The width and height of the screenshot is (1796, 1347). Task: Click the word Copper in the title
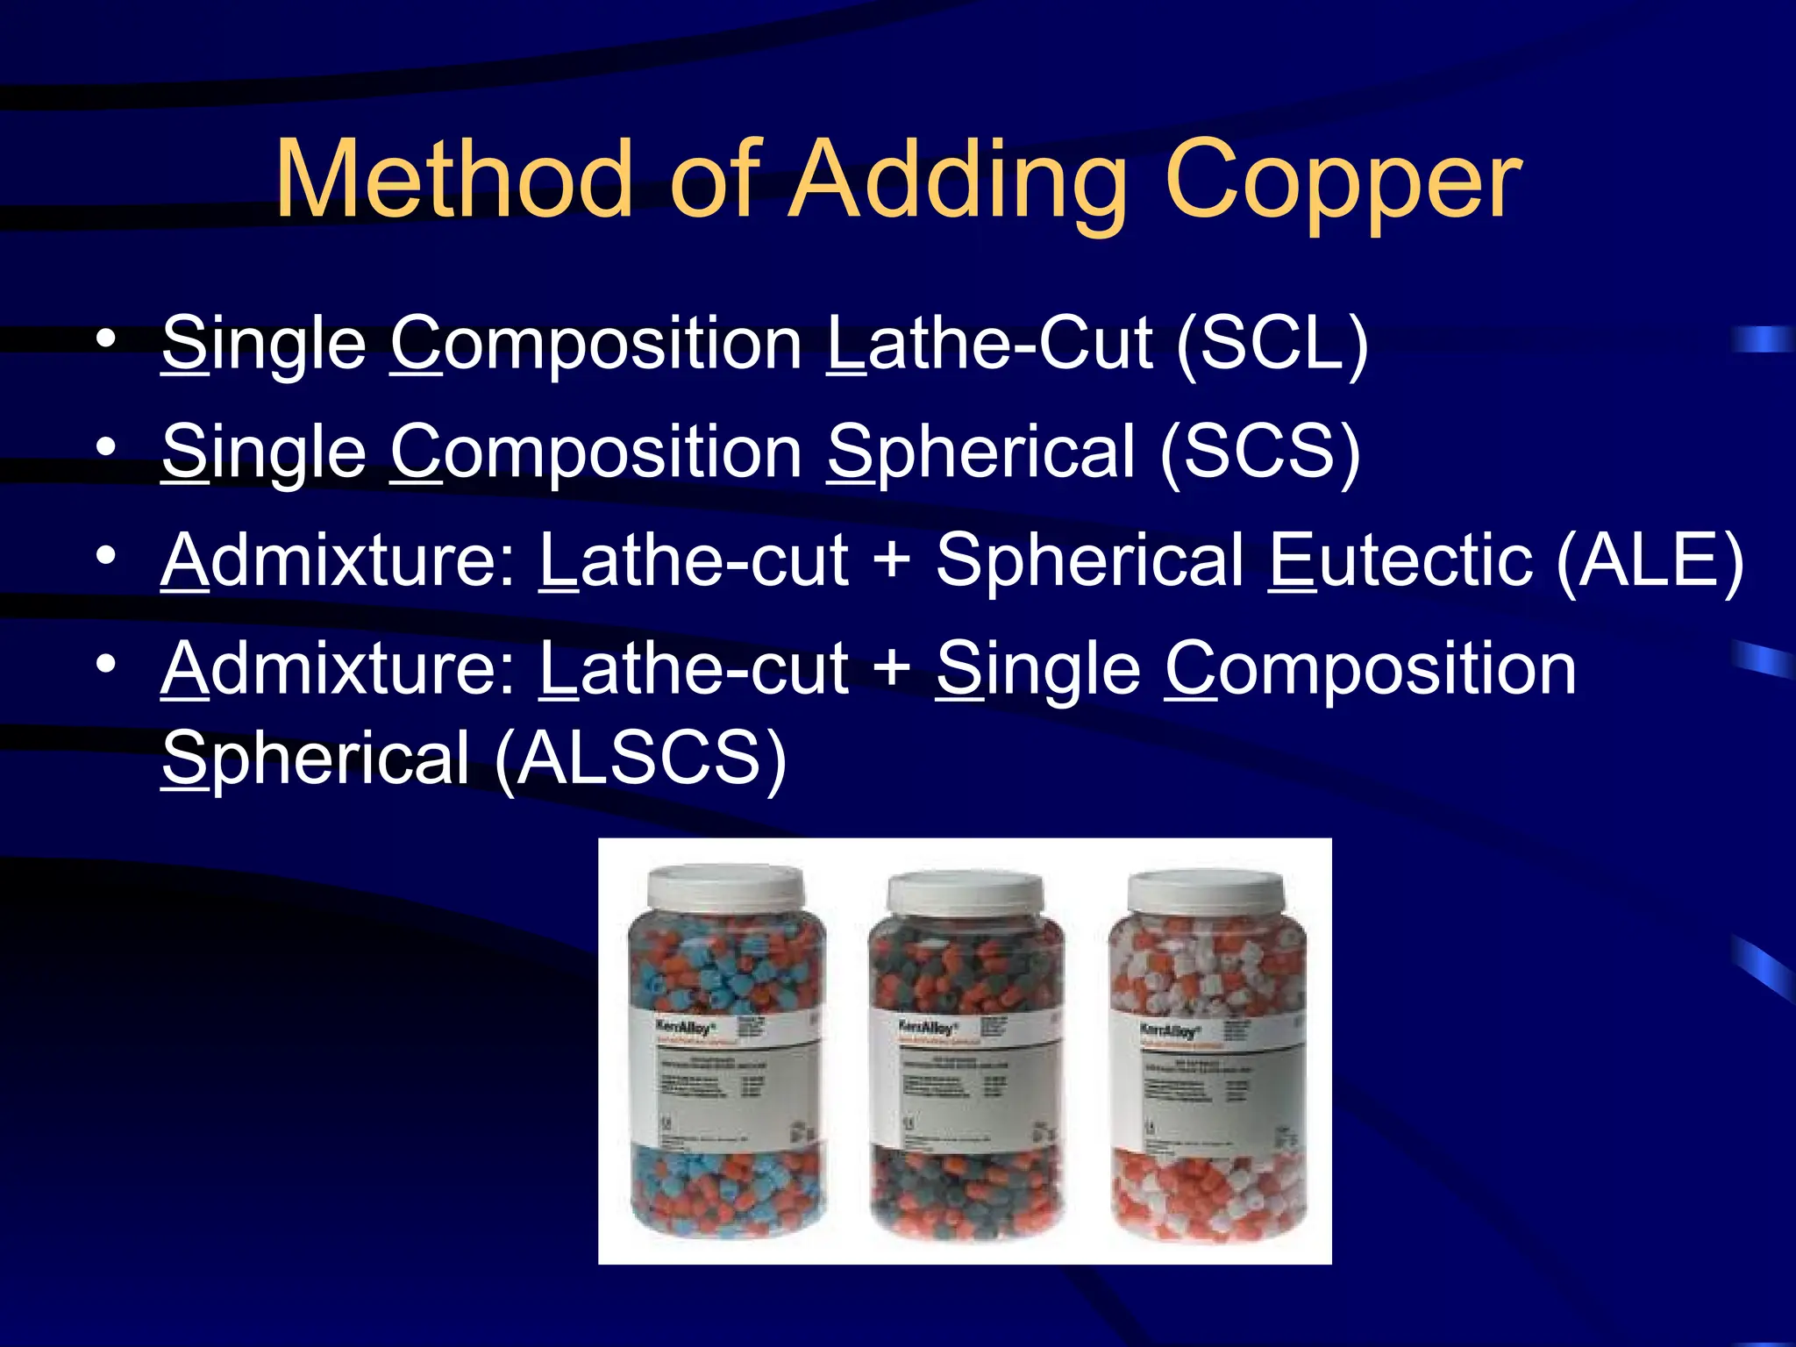pos(1343,182)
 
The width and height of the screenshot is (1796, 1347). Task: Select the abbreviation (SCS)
pos(1260,452)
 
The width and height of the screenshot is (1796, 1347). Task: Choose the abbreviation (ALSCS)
pos(640,758)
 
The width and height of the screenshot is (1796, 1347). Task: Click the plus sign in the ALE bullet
pos(892,561)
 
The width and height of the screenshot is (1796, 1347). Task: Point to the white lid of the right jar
pos(1206,893)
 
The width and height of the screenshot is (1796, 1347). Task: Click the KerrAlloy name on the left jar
pos(685,1026)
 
